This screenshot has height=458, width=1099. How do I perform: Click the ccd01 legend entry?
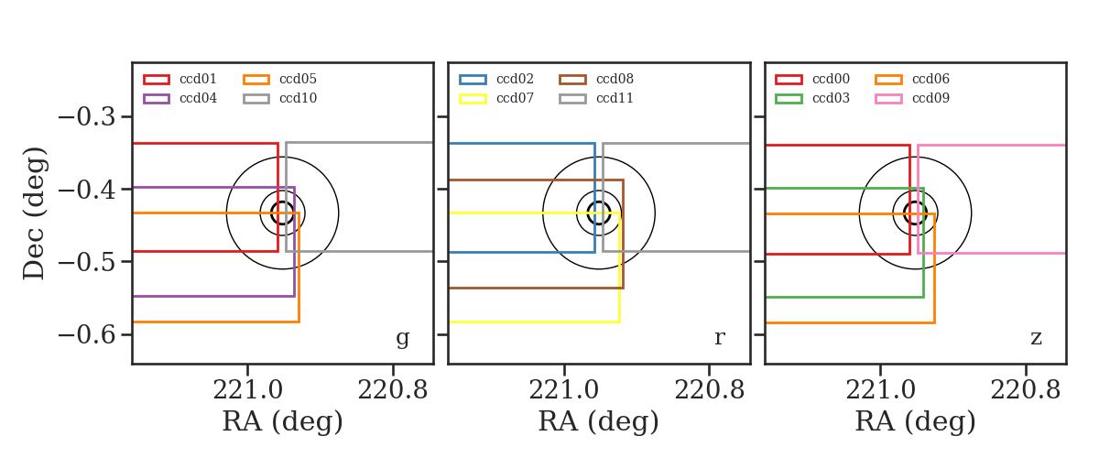click(180, 79)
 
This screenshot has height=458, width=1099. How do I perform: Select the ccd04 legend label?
click(198, 98)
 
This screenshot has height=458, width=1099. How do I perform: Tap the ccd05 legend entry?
click(279, 79)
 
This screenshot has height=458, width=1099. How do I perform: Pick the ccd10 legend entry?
click(279, 98)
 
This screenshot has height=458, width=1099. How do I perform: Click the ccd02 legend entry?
click(496, 79)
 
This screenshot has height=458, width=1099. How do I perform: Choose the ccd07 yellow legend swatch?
click(473, 99)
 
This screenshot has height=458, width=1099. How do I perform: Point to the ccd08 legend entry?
click(596, 79)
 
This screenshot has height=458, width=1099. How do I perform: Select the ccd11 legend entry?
click(596, 98)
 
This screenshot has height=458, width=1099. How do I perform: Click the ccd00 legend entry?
click(812, 79)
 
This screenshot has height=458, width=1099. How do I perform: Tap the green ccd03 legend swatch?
click(789, 99)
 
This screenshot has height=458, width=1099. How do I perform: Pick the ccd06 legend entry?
click(912, 79)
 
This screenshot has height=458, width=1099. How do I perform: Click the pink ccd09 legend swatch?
click(888, 99)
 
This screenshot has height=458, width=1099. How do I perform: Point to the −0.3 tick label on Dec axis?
click(87, 117)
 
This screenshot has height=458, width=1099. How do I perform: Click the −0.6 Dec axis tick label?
click(87, 334)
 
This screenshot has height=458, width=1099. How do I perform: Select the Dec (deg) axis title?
click(35, 213)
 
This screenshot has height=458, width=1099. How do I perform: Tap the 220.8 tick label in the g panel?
click(393, 390)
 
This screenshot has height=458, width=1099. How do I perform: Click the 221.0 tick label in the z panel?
click(880, 390)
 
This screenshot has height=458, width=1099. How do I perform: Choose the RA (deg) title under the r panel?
click(599, 421)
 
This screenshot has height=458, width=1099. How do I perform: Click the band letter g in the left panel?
click(402, 339)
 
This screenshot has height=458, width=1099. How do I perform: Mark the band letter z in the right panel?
click(1036, 338)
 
